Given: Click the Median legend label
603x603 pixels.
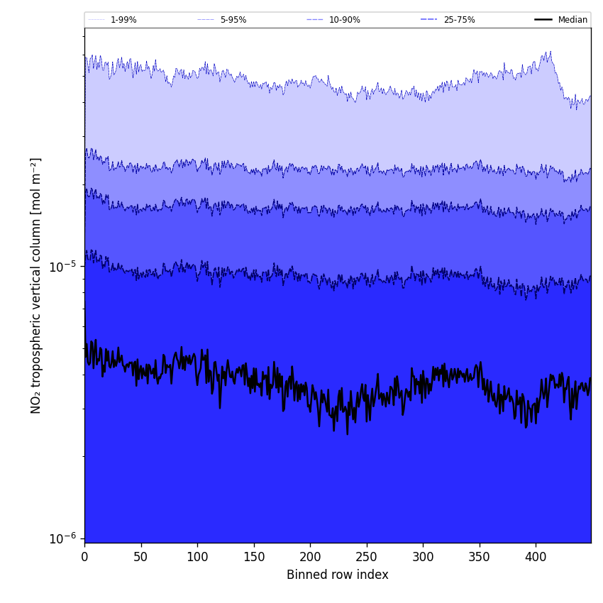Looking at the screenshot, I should point(572,20).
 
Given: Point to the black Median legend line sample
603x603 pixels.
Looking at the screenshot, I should point(543,20).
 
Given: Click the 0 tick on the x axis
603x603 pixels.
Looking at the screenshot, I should point(84,557).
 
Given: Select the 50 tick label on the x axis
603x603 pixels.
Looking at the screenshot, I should point(140,557).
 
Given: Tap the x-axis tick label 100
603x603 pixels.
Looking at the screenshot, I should point(197,557).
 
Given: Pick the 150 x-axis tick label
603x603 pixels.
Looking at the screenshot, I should point(253,557).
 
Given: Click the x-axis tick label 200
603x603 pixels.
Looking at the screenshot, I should point(310,557).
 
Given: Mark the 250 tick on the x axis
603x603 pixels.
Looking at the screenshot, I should point(366,557).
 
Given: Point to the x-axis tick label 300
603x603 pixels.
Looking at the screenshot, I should point(423,557).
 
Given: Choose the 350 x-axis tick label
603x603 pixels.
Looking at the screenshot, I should point(479,557).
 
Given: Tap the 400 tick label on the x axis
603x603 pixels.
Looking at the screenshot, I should point(536,557).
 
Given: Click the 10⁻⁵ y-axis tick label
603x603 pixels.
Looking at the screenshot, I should point(62,267).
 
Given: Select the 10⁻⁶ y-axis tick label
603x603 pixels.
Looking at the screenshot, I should point(62,538).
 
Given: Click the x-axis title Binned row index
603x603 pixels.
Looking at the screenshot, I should point(337,575).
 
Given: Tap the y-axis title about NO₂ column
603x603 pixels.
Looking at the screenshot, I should point(36,285).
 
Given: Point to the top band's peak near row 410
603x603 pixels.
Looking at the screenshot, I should point(549,52).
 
